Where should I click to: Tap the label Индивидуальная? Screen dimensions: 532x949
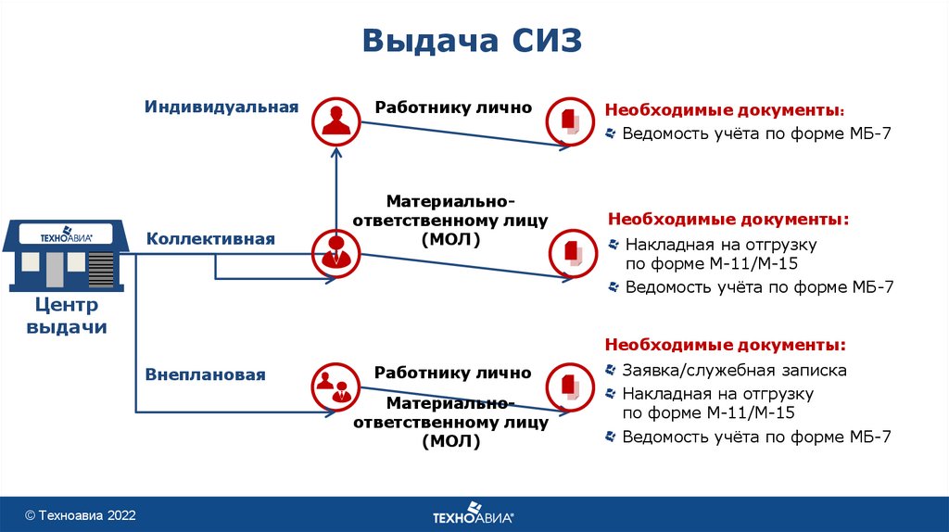[x=221, y=107]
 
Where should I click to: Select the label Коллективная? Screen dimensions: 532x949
[x=210, y=239]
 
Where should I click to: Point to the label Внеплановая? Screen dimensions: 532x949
[x=205, y=375]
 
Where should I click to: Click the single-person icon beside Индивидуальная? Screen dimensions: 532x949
[x=335, y=120]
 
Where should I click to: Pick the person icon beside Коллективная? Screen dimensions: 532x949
[x=335, y=251]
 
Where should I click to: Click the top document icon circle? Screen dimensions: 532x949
[x=570, y=120]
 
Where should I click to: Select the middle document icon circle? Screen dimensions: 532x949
[x=571, y=251]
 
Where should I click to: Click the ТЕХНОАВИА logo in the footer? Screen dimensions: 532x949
[x=473, y=513]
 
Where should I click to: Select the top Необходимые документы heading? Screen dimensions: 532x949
[x=725, y=108]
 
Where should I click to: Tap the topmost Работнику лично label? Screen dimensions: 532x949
[x=453, y=108]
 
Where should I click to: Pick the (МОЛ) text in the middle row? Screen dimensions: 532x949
[x=454, y=241]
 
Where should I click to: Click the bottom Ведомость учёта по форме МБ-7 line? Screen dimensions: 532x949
[x=756, y=436]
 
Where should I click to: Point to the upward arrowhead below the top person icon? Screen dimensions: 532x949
[x=335, y=153]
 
